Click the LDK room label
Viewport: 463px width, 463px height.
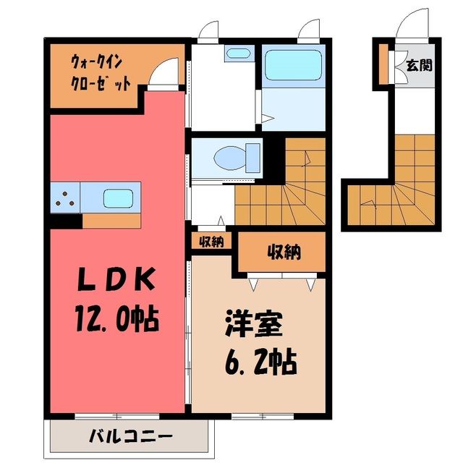(116, 279)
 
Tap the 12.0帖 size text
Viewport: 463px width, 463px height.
(117, 319)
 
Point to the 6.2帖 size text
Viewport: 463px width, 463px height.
(260, 361)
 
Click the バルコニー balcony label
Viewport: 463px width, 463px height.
(131, 437)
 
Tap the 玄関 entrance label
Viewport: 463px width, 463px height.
(420, 65)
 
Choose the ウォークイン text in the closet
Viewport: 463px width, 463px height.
(96, 62)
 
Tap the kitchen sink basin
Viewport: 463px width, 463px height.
(118, 198)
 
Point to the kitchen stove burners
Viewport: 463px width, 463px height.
(65, 198)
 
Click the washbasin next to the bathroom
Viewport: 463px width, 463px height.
(239, 54)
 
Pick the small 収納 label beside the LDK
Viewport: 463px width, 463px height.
(211, 242)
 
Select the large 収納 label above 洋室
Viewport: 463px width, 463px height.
(284, 252)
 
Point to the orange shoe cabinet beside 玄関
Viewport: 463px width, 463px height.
(383, 64)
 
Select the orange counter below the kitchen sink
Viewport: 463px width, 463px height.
(111, 221)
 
